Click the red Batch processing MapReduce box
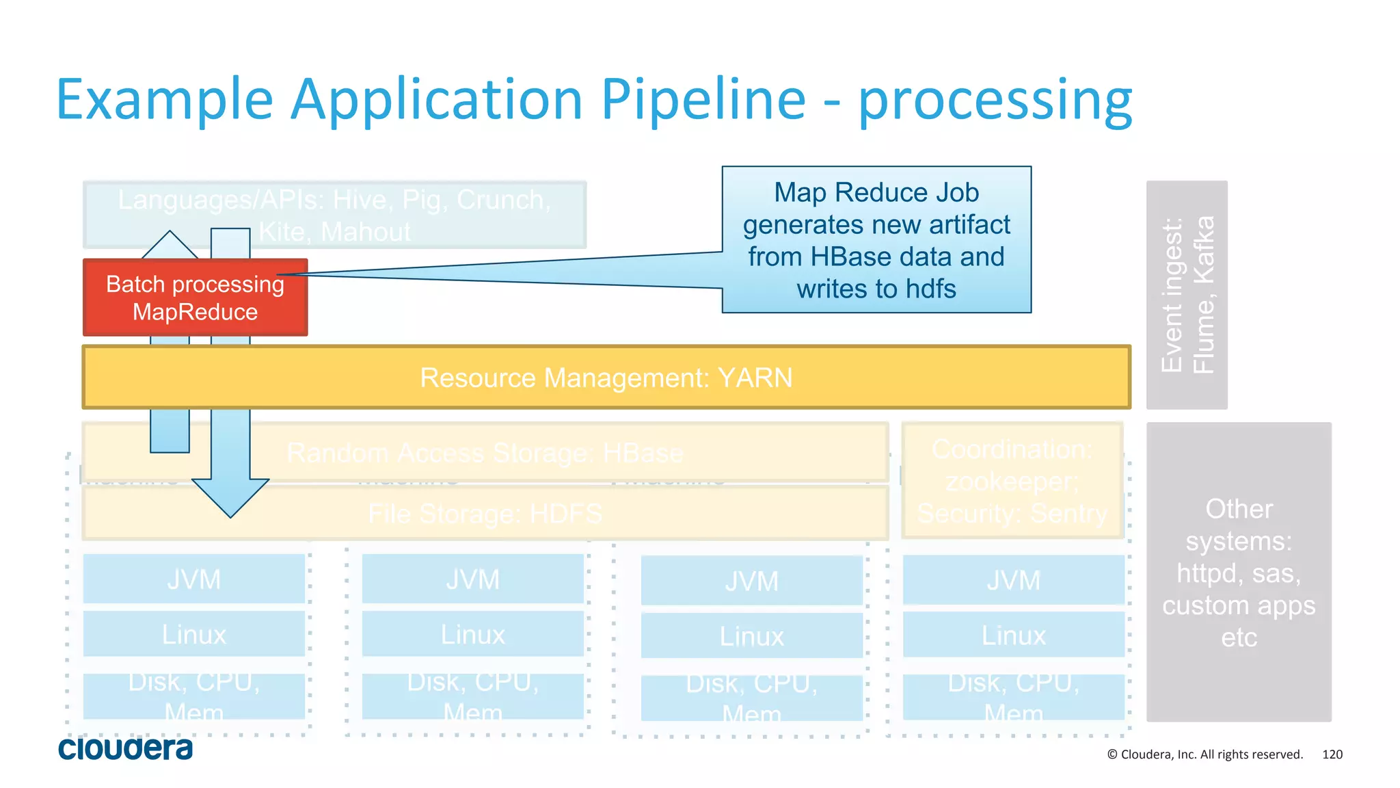coord(195,298)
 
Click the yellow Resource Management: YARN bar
coord(606,378)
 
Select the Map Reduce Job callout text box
coord(876,239)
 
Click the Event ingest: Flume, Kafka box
coord(1187,295)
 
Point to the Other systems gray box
coord(1239,572)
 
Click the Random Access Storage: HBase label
coord(485,453)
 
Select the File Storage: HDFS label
coord(485,513)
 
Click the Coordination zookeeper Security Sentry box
coord(1012,481)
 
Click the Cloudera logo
coord(125,748)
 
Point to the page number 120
coord(1332,754)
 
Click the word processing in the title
coord(995,100)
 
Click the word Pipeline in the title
coord(703,100)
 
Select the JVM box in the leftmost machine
coord(194,579)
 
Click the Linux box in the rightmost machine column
coord(1013,635)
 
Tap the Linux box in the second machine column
coord(472,634)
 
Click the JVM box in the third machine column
coord(751,581)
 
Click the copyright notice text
coord(1204,754)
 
